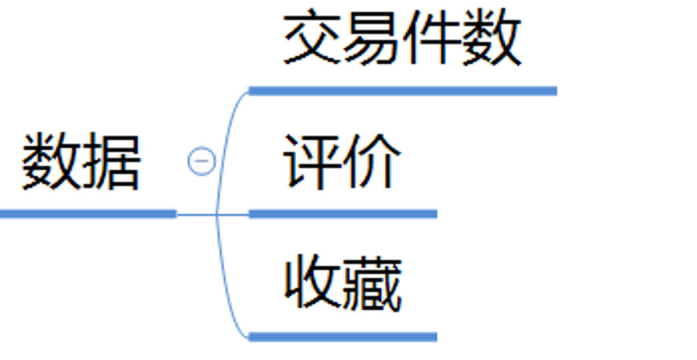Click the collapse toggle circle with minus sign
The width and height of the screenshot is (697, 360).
[x=201, y=161]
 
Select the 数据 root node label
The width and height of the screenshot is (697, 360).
[x=81, y=161]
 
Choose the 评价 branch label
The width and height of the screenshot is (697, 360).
[x=342, y=161]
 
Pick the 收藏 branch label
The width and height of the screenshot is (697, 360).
[x=342, y=284]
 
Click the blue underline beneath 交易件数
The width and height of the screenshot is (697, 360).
[x=402, y=91]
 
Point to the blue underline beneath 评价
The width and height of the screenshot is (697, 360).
[x=342, y=214]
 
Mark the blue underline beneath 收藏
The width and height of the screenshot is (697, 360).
[x=342, y=336]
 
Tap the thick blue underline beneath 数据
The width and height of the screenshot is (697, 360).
[x=87, y=214]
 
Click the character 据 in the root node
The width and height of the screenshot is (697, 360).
[x=112, y=161]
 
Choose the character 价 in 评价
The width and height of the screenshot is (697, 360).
[x=372, y=161]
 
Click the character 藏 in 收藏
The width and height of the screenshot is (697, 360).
[x=372, y=284]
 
